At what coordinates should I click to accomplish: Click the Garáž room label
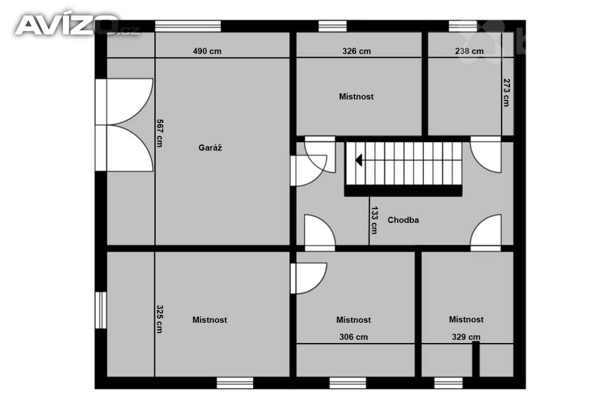210,148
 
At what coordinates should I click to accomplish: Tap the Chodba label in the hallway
403,220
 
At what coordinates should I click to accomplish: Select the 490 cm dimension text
207,51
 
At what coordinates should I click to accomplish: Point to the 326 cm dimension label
356,51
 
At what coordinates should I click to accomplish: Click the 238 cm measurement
469,51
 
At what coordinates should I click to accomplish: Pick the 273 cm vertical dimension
506,92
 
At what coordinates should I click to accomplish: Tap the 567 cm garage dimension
159,133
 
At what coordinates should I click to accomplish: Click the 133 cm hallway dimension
374,220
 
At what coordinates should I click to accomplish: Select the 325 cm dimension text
159,319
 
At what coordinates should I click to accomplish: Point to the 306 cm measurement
354,337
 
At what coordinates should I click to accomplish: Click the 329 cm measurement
466,337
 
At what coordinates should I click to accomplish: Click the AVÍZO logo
77,25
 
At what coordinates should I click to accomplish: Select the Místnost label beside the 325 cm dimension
210,320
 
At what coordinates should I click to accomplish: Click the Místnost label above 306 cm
354,320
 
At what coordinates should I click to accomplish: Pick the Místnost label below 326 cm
356,97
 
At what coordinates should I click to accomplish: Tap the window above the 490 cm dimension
188,26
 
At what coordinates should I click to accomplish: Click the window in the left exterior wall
101,310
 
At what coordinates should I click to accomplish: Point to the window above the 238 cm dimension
463,26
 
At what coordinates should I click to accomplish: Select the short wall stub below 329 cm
476,359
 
